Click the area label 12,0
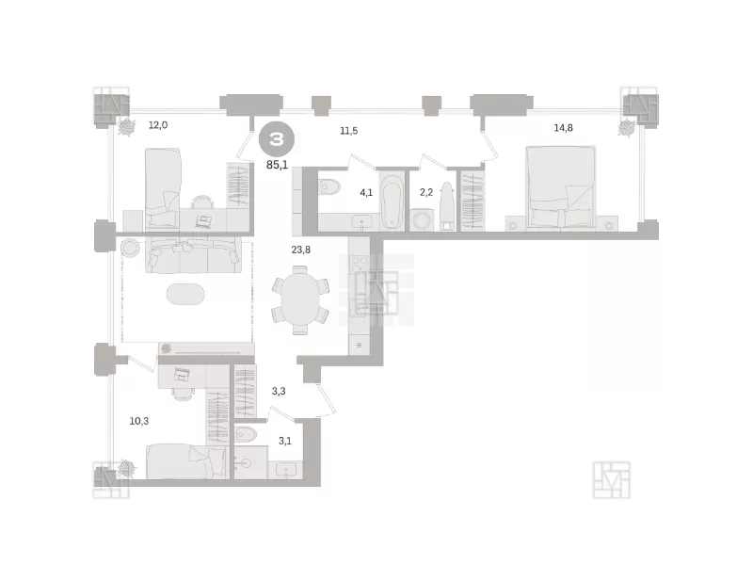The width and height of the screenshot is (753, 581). pyautogui.click(x=157, y=125)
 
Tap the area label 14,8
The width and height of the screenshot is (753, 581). pyautogui.click(x=563, y=128)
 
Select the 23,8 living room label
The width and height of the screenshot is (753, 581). pyautogui.click(x=300, y=250)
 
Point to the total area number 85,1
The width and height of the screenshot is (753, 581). pyautogui.click(x=277, y=165)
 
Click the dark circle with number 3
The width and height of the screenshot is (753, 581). pyautogui.click(x=277, y=139)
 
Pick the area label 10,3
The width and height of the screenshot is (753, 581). pyautogui.click(x=138, y=421)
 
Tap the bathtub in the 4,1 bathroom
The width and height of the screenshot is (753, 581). pyautogui.click(x=392, y=202)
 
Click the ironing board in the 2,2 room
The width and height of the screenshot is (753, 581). pyautogui.click(x=447, y=206)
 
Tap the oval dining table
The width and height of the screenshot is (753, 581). pyautogui.click(x=300, y=299)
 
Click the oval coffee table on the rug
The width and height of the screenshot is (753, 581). pyautogui.click(x=185, y=294)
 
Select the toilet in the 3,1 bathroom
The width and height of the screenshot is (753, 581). pyautogui.click(x=247, y=434)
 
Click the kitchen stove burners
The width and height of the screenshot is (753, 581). pyautogui.click(x=359, y=263)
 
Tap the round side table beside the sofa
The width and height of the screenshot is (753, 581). pyautogui.click(x=130, y=248)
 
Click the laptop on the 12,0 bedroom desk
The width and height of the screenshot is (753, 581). pyautogui.click(x=203, y=221)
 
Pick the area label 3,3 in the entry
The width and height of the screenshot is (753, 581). pyautogui.click(x=279, y=391)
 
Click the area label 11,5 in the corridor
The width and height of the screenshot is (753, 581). pyautogui.click(x=348, y=131)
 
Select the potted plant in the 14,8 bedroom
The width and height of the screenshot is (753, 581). pyautogui.click(x=627, y=128)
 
